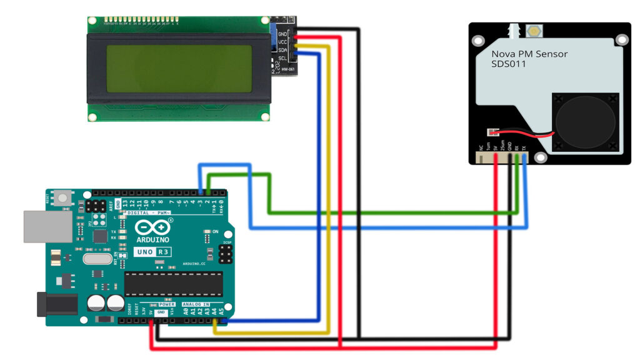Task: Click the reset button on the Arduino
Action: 63,199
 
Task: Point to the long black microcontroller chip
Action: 173,284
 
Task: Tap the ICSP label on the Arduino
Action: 227,242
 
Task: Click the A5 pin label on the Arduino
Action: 221,311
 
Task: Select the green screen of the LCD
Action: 179,68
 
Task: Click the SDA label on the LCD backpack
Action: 282,49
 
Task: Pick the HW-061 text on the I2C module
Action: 287,69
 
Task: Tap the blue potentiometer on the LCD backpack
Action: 274,38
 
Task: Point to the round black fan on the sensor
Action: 584,122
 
